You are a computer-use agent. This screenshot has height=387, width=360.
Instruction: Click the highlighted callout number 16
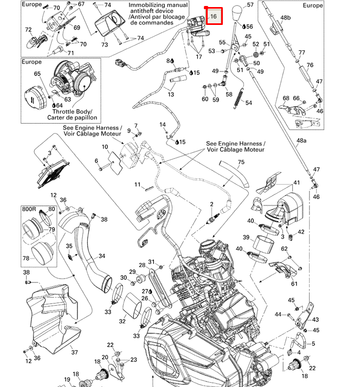[x=214, y=17]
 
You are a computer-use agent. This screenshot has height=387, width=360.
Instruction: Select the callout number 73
[x=105, y=44]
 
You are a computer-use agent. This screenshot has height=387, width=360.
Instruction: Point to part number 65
[x=37, y=74]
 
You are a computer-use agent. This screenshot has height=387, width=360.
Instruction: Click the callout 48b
[x=286, y=18]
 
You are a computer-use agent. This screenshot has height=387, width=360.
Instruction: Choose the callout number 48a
[x=301, y=140]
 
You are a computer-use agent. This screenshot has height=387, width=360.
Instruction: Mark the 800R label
[x=30, y=209]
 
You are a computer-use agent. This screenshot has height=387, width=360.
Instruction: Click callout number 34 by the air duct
[x=102, y=256]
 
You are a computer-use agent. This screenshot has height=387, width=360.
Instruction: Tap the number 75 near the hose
[x=241, y=162]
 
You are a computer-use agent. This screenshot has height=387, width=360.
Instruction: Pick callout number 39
[x=246, y=238]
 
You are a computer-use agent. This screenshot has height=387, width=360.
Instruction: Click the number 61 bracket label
[x=294, y=283]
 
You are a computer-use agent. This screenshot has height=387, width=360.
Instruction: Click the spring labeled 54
[x=237, y=98]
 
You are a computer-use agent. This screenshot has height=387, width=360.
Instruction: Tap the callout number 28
[x=142, y=265]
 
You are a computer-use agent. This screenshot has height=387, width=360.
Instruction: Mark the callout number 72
[x=29, y=30]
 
